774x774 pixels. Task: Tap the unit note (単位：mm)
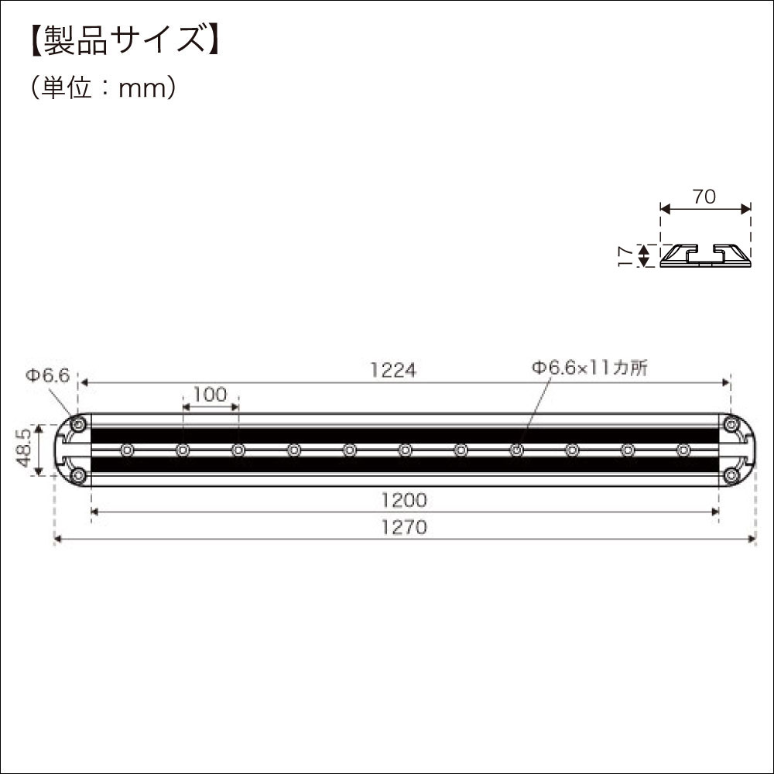(x=105, y=87)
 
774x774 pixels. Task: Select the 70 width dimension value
(x=704, y=197)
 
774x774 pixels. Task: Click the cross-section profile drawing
(x=705, y=255)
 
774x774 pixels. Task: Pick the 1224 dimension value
(x=393, y=371)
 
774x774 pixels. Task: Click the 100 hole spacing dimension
(x=210, y=395)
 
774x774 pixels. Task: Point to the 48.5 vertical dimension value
(x=23, y=450)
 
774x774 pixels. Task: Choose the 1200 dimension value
(x=404, y=501)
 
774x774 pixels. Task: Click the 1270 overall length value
(x=404, y=528)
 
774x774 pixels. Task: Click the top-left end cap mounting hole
(x=78, y=424)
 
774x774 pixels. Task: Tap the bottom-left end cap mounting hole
(x=78, y=474)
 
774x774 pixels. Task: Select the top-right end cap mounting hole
(x=731, y=424)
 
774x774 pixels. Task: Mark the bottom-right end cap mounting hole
(x=731, y=474)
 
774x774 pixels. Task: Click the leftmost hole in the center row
(x=127, y=450)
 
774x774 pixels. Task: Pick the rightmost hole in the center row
(x=683, y=450)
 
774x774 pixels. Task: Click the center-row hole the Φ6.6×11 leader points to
(x=516, y=450)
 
